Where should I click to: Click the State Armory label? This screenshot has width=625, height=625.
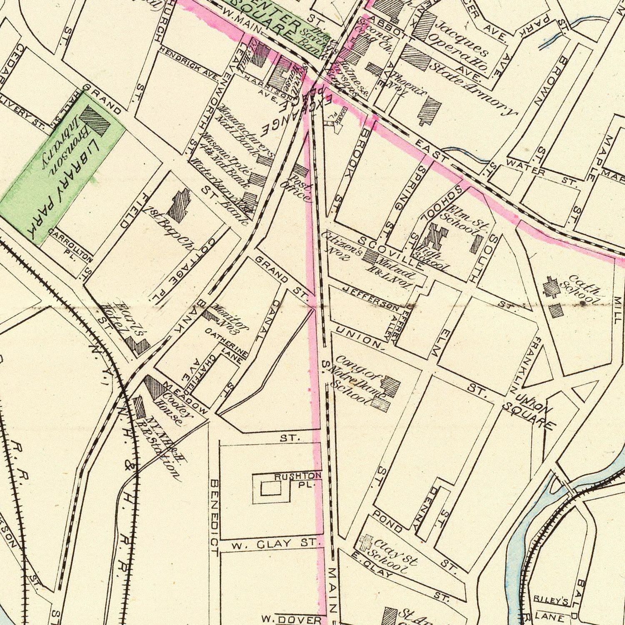tap(473, 87)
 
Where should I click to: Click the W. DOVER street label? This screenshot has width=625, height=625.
tap(292, 620)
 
